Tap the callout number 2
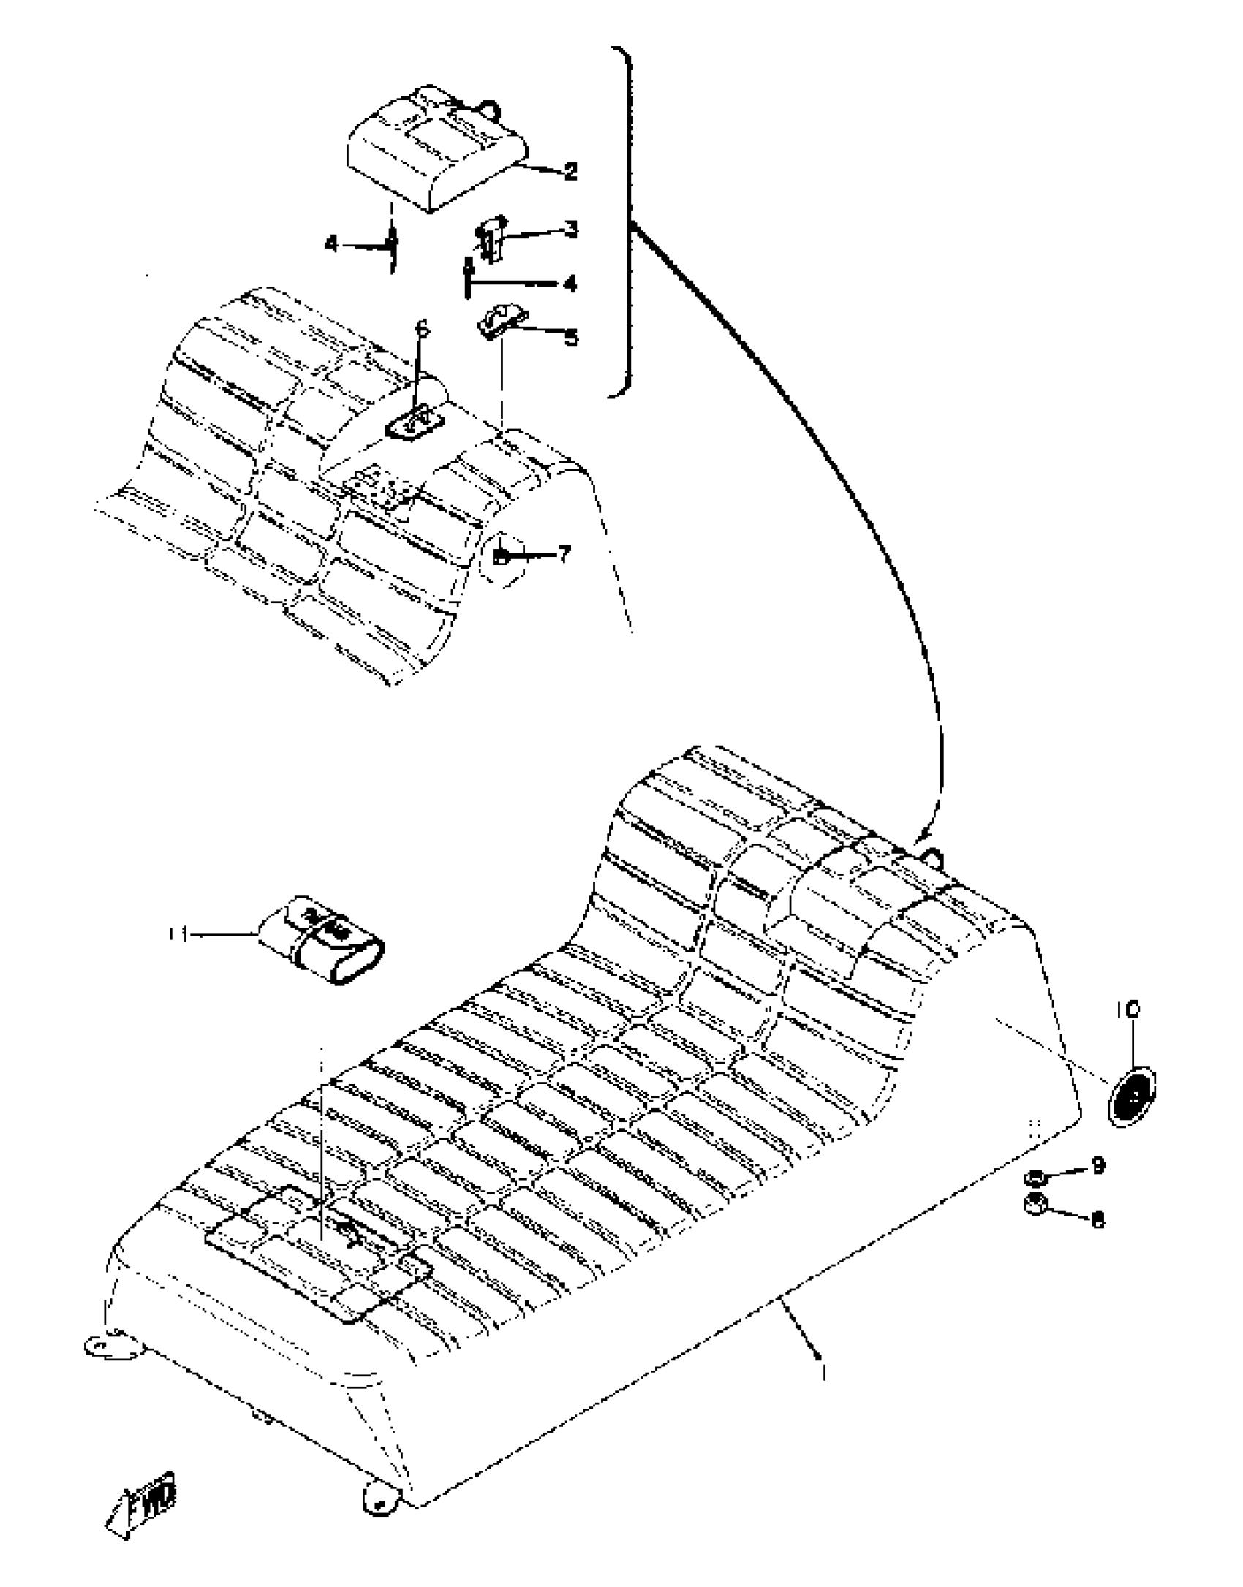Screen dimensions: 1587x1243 tap(571, 172)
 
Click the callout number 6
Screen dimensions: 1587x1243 tap(421, 330)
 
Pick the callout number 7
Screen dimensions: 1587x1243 tap(564, 555)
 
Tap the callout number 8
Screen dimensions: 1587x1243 tap(1097, 1219)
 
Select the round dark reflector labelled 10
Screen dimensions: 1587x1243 tap(1132, 1099)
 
